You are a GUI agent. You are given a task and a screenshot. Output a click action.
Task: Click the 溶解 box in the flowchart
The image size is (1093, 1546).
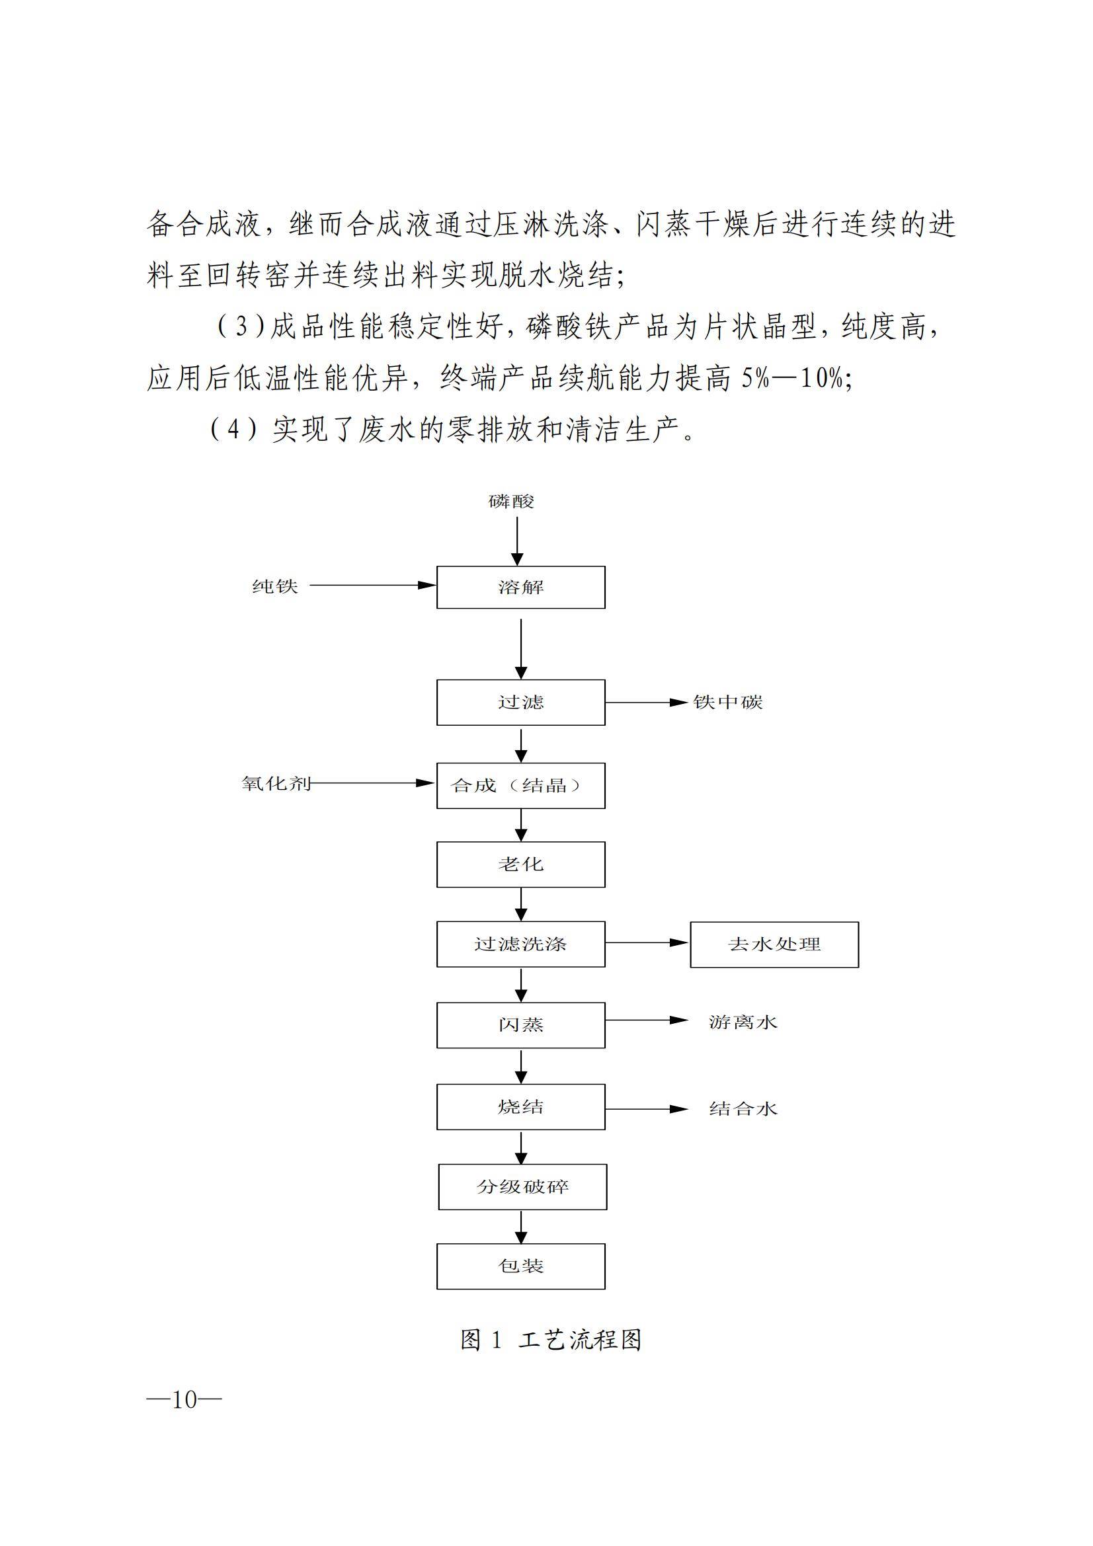520,587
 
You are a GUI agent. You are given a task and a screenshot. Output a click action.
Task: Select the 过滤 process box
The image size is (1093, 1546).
520,703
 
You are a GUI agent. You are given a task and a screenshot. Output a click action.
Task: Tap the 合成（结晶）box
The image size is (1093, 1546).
520,785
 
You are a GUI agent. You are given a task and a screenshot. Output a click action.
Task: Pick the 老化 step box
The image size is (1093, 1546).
520,865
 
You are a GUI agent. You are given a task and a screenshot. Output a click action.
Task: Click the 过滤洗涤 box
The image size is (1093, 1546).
520,944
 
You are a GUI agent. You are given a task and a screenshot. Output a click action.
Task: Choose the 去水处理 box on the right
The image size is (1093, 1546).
774,945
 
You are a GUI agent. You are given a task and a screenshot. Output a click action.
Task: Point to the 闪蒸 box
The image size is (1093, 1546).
520,1025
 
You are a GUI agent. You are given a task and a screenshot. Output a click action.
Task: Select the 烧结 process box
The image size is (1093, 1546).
520,1107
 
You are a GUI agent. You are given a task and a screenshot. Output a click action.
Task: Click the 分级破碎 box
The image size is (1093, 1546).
522,1187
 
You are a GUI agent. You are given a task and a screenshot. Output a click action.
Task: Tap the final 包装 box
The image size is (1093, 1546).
520,1266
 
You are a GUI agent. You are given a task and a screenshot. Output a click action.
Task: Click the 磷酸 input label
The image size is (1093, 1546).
511,502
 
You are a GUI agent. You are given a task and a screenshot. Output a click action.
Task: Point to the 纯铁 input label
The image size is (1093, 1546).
275,586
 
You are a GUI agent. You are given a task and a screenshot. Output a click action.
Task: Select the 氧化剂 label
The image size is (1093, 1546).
276,784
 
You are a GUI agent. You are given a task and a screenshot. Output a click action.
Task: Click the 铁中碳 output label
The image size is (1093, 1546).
728,703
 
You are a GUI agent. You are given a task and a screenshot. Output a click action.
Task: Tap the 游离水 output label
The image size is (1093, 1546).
743,1023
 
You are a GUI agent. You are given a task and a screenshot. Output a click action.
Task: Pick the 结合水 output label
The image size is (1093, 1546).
743,1109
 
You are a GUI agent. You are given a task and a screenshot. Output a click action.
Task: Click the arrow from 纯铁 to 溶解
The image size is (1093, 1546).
372,586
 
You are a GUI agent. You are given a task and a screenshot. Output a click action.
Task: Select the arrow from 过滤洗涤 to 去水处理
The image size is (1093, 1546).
647,943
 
